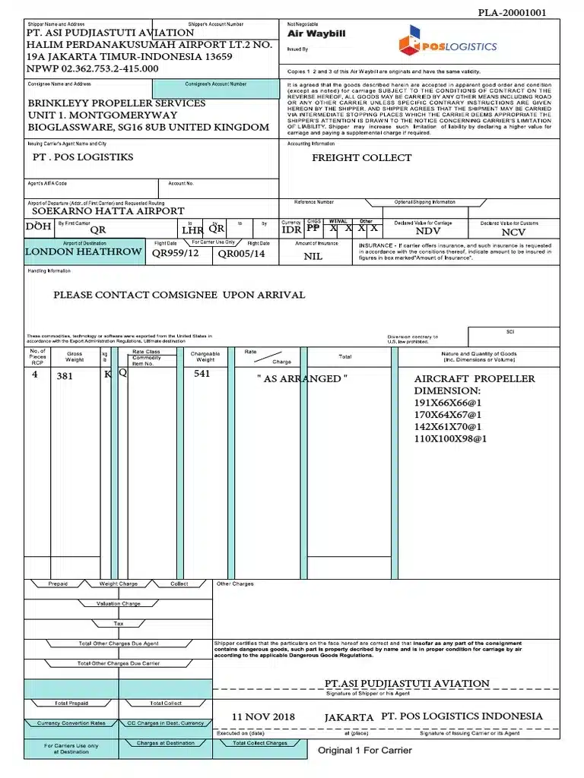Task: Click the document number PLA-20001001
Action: (x=512, y=13)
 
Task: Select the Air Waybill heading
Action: (x=316, y=34)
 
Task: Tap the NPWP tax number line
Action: (x=93, y=69)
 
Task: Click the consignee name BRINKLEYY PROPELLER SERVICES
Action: (x=116, y=103)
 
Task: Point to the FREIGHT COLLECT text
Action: (x=361, y=158)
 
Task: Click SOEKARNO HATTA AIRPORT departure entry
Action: (x=108, y=211)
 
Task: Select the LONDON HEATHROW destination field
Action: (x=84, y=252)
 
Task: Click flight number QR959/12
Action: (x=176, y=254)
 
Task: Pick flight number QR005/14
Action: (x=241, y=254)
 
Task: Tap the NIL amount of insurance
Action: (x=313, y=257)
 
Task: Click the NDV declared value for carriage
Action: (x=429, y=231)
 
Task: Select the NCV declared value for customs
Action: (x=514, y=232)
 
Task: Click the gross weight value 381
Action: (x=65, y=375)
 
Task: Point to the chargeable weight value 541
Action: (x=202, y=374)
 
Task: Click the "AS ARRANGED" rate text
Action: (x=302, y=378)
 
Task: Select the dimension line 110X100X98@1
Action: (x=450, y=439)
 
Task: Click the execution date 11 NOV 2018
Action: (x=263, y=717)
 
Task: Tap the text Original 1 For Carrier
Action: (x=365, y=751)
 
